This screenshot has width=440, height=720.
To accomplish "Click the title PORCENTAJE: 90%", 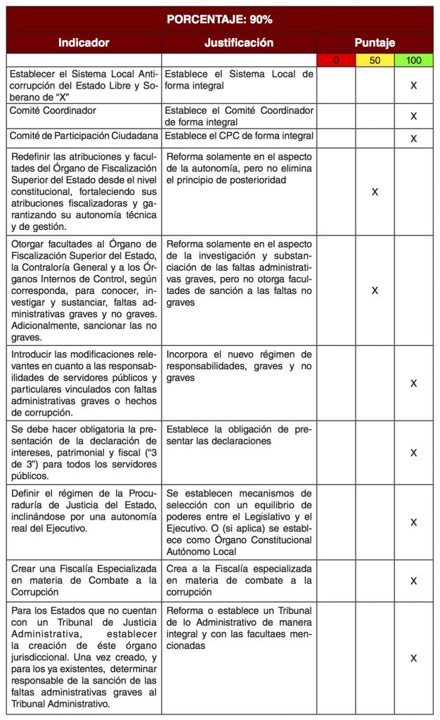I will pyautogui.click(x=219, y=19).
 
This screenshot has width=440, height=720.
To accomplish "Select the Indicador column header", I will pyautogui.click(x=84, y=43).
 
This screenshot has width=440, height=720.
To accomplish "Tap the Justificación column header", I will pyautogui.click(x=239, y=43).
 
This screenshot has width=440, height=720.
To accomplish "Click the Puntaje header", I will pyautogui.click(x=375, y=43).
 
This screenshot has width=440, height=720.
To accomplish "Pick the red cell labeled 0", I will pyautogui.click(x=336, y=60).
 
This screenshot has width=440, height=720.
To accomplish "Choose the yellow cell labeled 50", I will pyautogui.click(x=375, y=60).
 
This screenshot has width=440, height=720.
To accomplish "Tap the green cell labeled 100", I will pyautogui.click(x=413, y=60).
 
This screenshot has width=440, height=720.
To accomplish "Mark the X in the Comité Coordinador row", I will pyautogui.click(x=413, y=116).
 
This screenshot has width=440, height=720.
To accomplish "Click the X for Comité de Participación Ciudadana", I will pyautogui.click(x=413, y=139).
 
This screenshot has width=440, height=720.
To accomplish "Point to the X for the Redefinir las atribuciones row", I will pyautogui.click(x=375, y=191).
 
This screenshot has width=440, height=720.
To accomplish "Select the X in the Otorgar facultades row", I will pyautogui.click(x=375, y=290).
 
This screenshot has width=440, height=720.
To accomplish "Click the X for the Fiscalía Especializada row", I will pyautogui.click(x=413, y=581).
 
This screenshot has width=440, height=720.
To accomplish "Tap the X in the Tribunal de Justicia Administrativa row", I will pyautogui.click(x=413, y=658).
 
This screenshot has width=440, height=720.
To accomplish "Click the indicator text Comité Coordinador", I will pyautogui.click(x=53, y=110).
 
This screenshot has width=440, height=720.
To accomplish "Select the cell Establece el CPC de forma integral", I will pyautogui.click(x=239, y=136).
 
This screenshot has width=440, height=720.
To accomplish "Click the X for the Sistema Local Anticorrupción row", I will pyautogui.click(x=413, y=85).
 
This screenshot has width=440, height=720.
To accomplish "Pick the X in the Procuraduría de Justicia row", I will pyautogui.click(x=413, y=522).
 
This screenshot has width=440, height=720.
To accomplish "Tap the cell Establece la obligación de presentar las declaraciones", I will pyautogui.click(x=239, y=435).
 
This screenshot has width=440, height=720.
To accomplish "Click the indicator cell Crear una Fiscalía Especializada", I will pyautogui.click(x=84, y=581).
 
